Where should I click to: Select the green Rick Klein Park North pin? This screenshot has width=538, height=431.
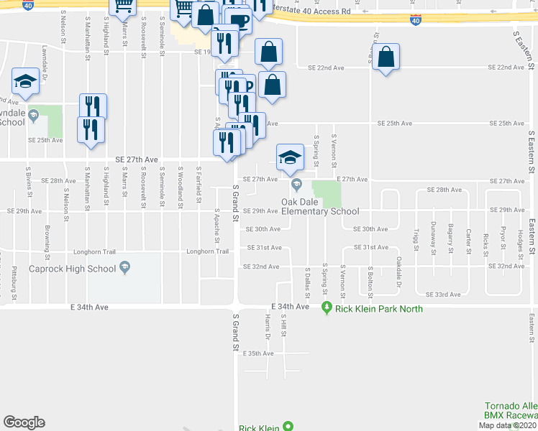pyautogui.click(x=327, y=308)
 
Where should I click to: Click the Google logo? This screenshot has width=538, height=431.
pyautogui.click(x=24, y=422)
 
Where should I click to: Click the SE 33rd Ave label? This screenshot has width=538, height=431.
pyautogui.click(x=444, y=295)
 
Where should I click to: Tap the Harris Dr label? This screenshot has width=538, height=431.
pyautogui.click(x=267, y=327)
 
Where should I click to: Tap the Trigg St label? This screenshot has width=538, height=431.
pyautogui.click(x=416, y=238)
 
